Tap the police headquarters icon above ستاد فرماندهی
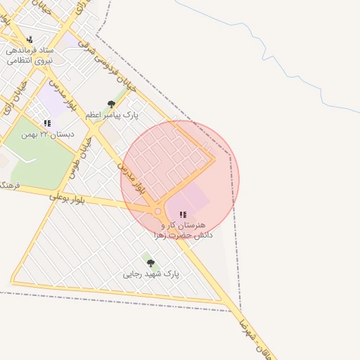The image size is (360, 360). click(30, 39)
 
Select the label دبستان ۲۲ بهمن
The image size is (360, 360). click(47, 134)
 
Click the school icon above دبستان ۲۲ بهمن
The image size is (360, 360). click(47, 123)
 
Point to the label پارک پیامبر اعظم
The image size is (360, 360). click(112, 114)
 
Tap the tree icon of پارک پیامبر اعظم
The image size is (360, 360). click(111, 104)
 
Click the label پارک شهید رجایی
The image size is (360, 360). click(151, 274)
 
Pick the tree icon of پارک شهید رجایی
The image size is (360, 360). click(150, 263)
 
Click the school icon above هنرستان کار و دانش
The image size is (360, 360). click(183, 214)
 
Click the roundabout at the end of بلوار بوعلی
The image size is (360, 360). click(157, 211)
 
